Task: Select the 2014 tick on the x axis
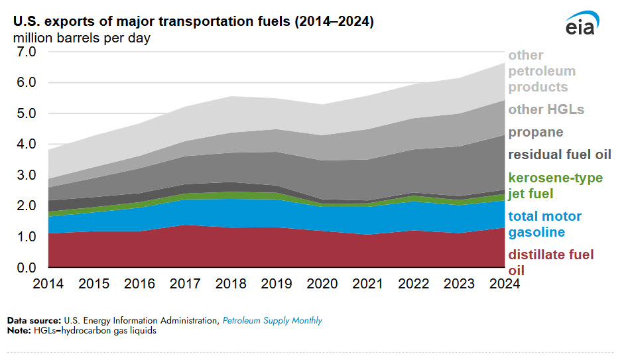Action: pos(48,283)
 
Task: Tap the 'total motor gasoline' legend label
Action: pos(544,224)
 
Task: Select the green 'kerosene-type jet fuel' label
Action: pos(555,186)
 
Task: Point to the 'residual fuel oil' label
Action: pos(560,155)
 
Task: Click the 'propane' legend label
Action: pos(536,132)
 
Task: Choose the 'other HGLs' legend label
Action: pos(546,109)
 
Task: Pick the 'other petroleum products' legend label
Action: pos(542,71)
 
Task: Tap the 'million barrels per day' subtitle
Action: pos(82,38)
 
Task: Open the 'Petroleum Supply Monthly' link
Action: pos(272,321)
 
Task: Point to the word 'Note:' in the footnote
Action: pos(18,330)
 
